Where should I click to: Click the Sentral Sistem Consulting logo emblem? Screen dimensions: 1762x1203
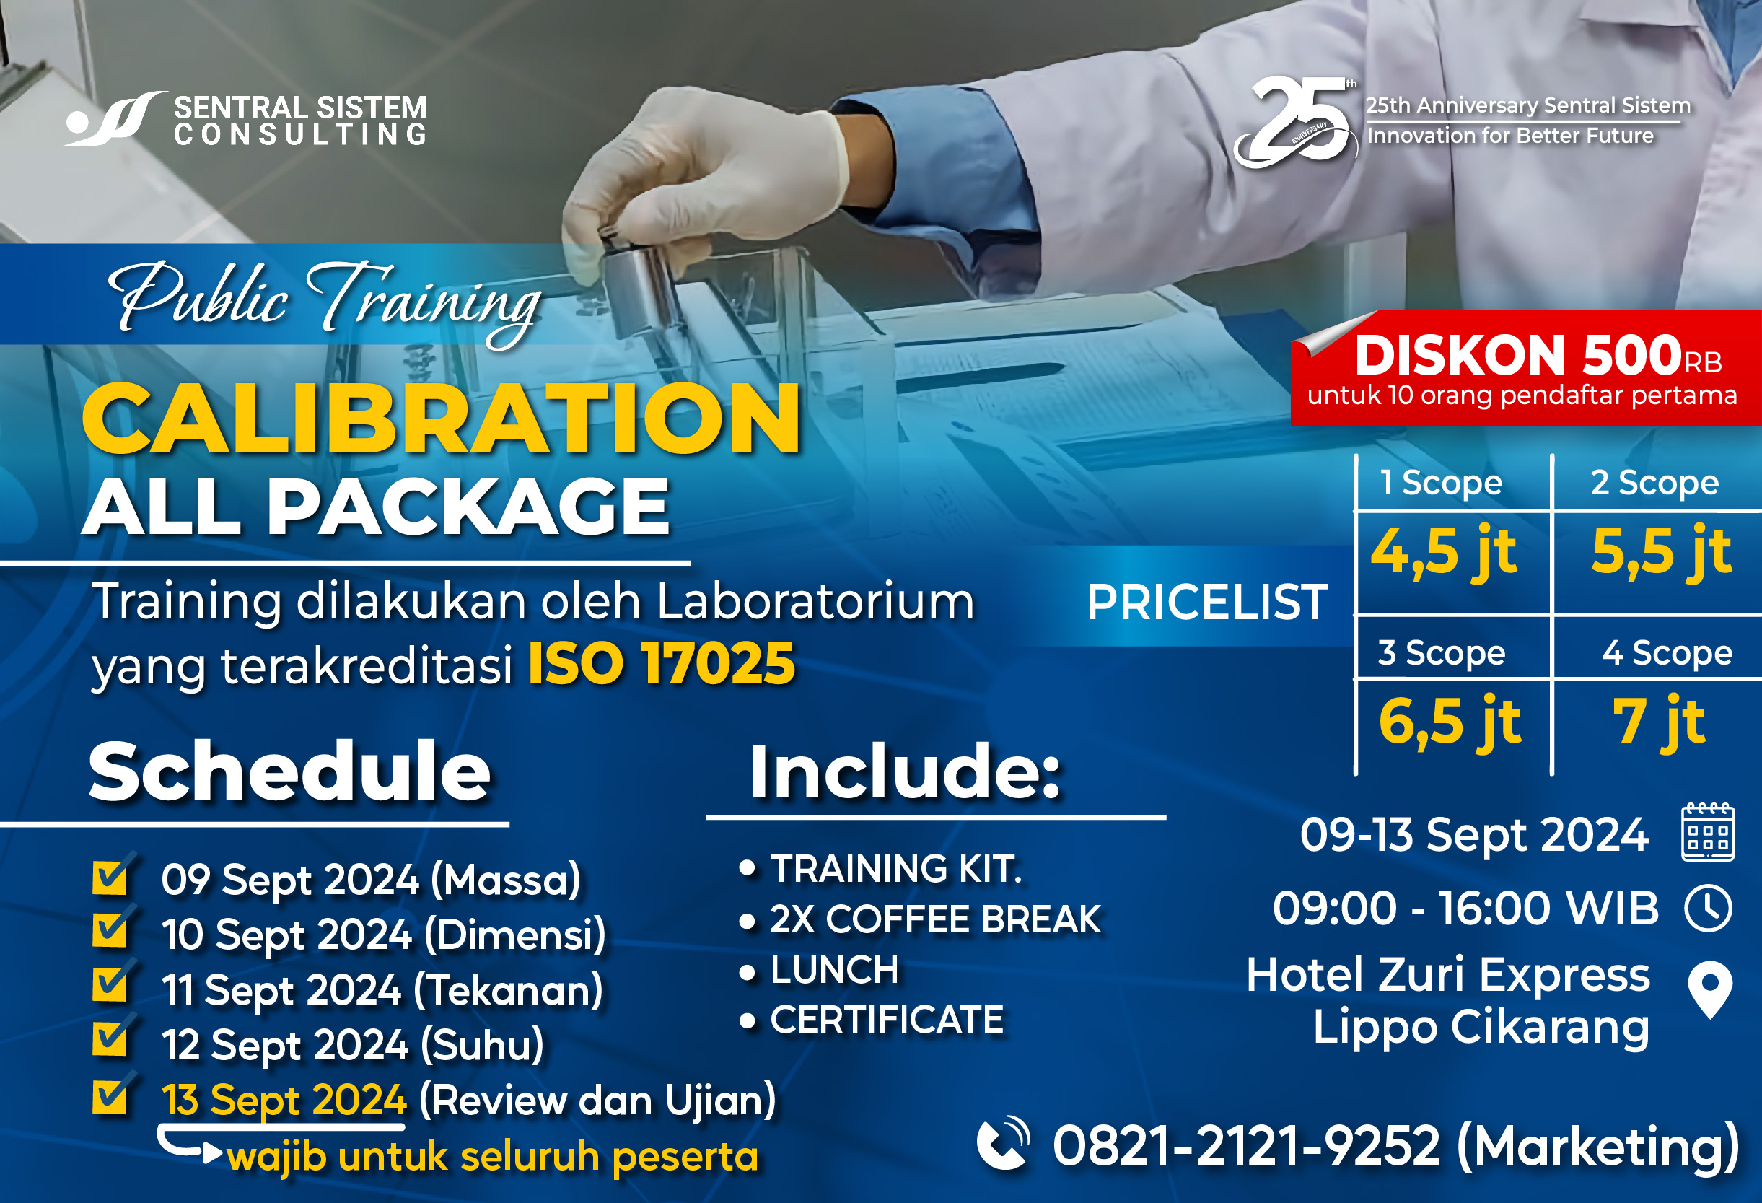pyautogui.click(x=114, y=118)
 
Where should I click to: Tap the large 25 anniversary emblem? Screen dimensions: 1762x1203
pyautogui.click(x=1295, y=121)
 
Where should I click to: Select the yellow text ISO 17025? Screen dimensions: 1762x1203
pyautogui.click(x=661, y=664)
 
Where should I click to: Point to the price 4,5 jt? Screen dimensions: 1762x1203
pyautogui.click(x=1444, y=552)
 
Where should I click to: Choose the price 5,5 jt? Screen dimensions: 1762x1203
pyautogui.click(x=1661, y=552)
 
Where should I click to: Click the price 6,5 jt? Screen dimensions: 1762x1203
pyautogui.click(x=1449, y=722)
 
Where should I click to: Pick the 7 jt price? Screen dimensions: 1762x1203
pyautogui.click(x=1659, y=722)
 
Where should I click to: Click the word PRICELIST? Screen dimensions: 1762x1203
pyautogui.click(x=1207, y=603)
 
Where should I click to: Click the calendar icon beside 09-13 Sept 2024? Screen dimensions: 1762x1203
pyautogui.click(x=1707, y=832)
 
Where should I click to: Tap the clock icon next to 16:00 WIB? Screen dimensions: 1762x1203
pyautogui.click(x=1708, y=908)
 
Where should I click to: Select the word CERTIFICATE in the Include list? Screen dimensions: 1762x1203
pyautogui.click(x=887, y=1020)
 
